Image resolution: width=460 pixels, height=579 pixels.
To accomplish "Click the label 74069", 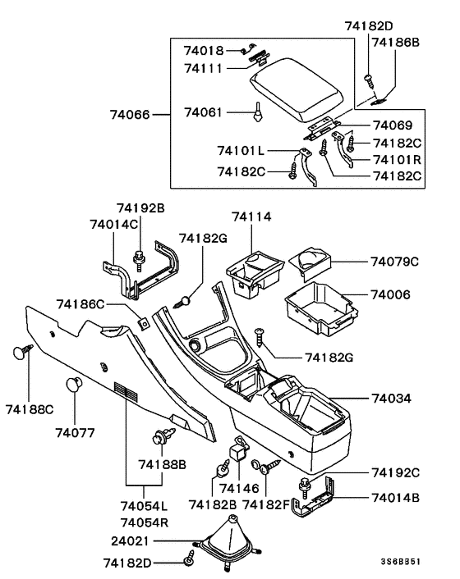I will point(394,126).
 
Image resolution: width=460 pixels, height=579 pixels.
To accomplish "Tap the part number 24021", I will point(130,541).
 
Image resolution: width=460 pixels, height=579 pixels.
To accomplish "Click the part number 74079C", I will point(394,262).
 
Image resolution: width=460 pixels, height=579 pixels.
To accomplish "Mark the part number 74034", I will point(394,399).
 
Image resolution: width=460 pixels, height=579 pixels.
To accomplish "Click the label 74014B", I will point(395,497).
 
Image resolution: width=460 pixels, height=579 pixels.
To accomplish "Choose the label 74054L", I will point(143,507).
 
